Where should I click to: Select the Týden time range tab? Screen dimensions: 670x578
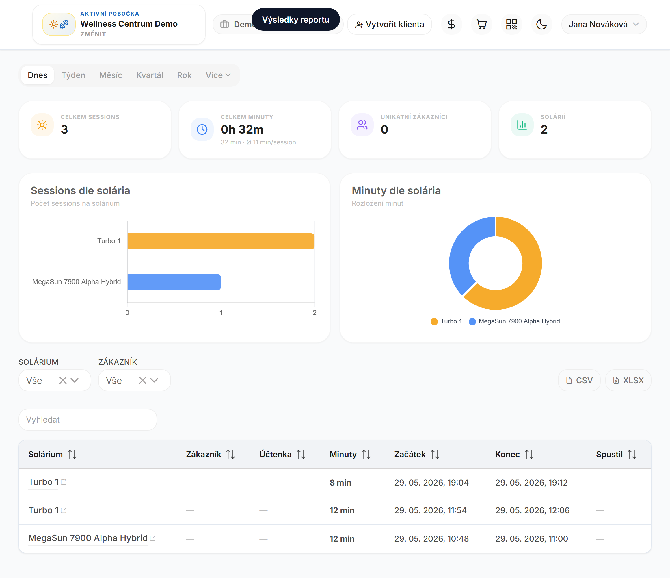point(73,75)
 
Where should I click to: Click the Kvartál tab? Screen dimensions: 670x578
point(150,75)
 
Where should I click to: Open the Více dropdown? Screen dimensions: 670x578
point(218,75)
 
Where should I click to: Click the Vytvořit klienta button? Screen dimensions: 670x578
point(389,24)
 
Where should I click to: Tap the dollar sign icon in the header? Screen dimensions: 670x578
point(451,24)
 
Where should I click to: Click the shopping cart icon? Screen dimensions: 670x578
point(481,24)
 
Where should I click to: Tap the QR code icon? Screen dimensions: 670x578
point(511,24)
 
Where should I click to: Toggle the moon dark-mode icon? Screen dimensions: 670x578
point(541,24)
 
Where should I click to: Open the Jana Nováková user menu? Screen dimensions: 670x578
point(604,24)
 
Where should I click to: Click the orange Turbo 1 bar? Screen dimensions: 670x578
point(221,241)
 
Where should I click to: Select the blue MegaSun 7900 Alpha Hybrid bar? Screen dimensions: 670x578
point(174,282)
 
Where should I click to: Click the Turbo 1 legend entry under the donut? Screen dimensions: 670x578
point(446,321)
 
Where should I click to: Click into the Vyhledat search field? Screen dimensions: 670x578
point(88,420)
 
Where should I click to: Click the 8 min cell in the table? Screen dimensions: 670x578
point(340,483)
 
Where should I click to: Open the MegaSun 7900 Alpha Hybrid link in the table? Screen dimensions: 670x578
point(88,538)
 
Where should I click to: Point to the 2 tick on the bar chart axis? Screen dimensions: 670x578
point(314,313)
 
